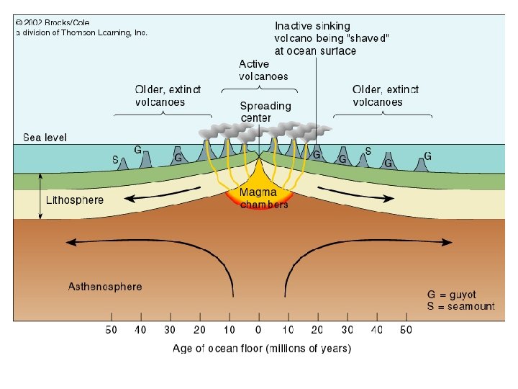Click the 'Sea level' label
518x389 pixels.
click(45, 137)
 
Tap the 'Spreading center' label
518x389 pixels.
click(265, 112)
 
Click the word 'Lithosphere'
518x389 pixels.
click(75, 200)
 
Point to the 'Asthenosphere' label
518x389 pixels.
click(105, 286)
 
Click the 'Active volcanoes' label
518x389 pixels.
click(263, 70)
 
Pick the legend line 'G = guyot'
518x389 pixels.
click(452, 295)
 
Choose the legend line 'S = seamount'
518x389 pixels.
click(460, 306)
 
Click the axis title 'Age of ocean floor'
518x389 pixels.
click(262, 349)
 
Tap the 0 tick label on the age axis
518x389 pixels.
click(258, 330)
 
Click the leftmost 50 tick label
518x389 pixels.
click(112, 330)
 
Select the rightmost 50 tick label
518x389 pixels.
click(406, 330)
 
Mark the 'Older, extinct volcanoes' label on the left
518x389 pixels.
click(168, 96)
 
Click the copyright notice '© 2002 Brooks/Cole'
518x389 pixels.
click(53, 22)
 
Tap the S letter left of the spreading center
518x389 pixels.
click(115, 158)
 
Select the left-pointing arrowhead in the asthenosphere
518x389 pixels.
click(70, 243)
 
